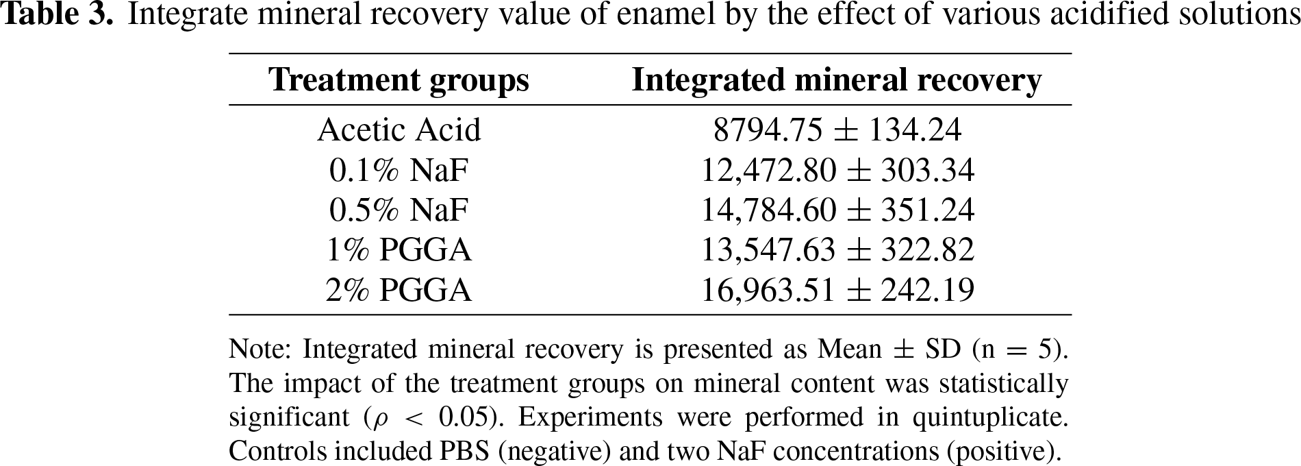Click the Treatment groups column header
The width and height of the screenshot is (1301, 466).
(x=399, y=80)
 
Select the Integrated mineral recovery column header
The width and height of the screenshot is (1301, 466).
(x=837, y=80)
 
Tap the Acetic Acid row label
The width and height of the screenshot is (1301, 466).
(x=399, y=130)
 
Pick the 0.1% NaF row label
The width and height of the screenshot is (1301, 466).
(x=399, y=170)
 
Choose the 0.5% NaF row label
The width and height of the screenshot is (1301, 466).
(x=399, y=210)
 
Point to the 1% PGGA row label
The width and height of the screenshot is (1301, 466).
(x=399, y=249)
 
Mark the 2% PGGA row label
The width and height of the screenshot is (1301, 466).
(x=399, y=290)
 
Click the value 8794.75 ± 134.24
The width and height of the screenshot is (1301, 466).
(x=837, y=130)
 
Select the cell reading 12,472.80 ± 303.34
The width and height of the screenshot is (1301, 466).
(x=837, y=171)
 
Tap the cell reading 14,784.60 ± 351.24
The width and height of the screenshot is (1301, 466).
(x=837, y=210)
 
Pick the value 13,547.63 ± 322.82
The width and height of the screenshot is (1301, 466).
(x=837, y=250)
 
